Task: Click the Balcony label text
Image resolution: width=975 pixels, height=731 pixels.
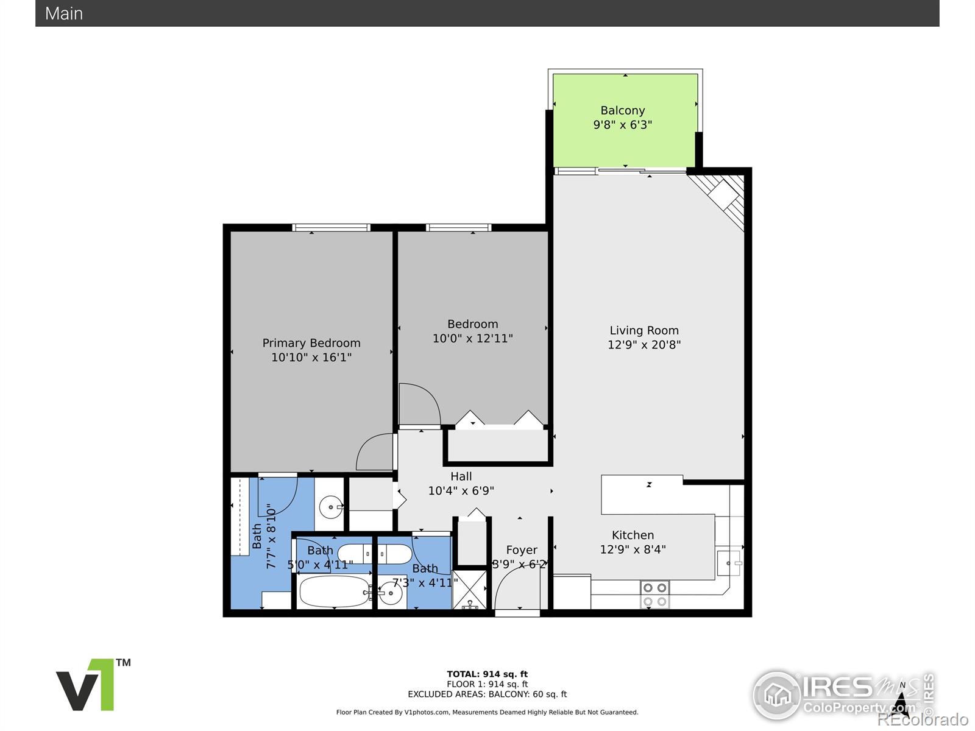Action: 622,110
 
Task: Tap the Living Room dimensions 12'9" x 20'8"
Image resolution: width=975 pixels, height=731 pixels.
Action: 644,345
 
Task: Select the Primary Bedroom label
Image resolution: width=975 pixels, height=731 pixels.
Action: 311,343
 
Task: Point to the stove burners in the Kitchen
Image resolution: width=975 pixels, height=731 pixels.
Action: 654,595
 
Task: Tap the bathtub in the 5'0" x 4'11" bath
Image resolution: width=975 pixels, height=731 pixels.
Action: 334,592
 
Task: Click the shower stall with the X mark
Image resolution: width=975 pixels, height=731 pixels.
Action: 470,590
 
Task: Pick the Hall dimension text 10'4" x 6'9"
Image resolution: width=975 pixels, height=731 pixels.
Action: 461,491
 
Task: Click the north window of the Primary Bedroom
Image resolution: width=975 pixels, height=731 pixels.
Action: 331,228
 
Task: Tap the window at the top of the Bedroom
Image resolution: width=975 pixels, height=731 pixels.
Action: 458,228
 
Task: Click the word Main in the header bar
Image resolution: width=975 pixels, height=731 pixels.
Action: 64,13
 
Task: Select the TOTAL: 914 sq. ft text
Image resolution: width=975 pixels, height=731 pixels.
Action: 487,674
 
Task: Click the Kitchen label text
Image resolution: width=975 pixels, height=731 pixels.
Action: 633,535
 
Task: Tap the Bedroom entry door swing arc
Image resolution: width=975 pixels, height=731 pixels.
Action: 419,403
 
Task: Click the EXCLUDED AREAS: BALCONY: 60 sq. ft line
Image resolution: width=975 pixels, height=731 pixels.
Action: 487,694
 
